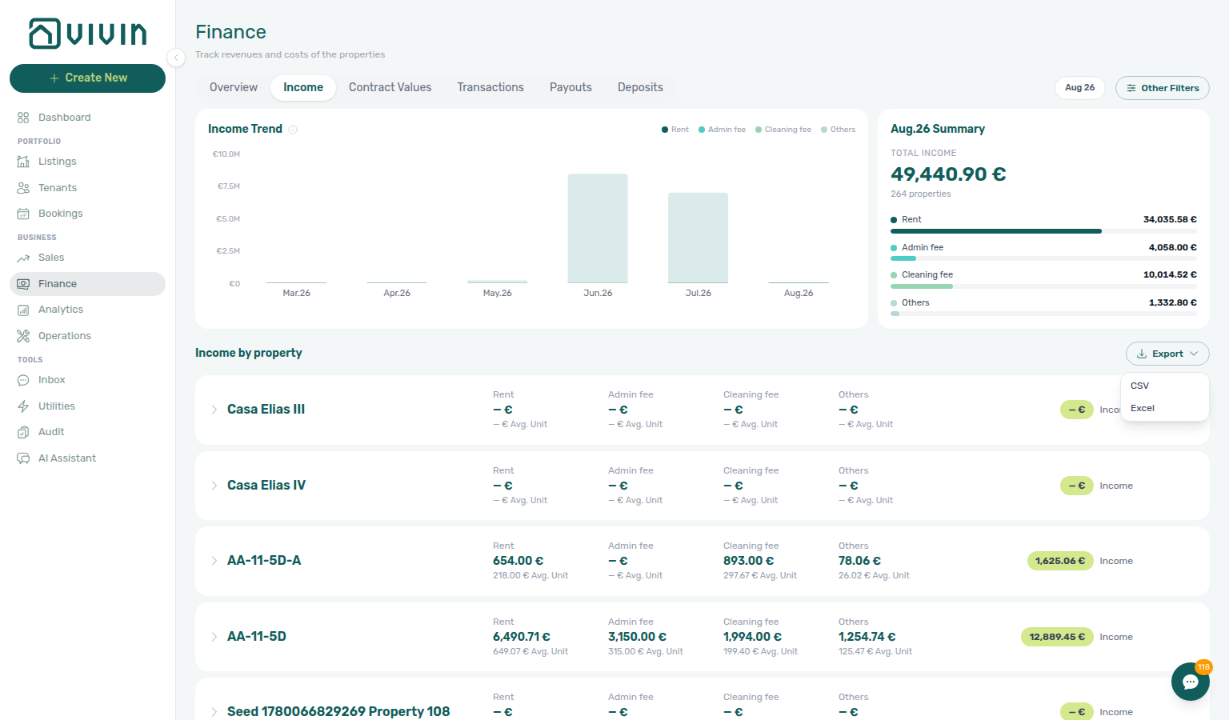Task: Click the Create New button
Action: (x=87, y=78)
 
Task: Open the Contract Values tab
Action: (x=390, y=87)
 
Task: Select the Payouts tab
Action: (x=570, y=87)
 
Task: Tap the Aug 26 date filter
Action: (x=1079, y=88)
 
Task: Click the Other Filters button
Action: (x=1162, y=88)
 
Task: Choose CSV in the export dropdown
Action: (x=1139, y=386)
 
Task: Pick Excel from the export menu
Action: (x=1143, y=408)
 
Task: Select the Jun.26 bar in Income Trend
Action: (x=598, y=228)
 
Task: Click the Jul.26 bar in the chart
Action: (x=698, y=238)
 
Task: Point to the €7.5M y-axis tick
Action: (x=228, y=186)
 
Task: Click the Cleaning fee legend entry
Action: (x=783, y=130)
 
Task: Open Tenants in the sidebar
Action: (x=57, y=188)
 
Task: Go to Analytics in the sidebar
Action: (x=60, y=310)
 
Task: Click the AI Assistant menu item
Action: (x=66, y=458)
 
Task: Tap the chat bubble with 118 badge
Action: (x=1190, y=682)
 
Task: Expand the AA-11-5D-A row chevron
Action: (x=214, y=561)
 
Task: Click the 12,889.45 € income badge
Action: (x=1057, y=637)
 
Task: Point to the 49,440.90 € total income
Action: (x=948, y=174)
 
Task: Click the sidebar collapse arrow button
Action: (x=175, y=57)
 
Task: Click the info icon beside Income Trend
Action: (x=293, y=130)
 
